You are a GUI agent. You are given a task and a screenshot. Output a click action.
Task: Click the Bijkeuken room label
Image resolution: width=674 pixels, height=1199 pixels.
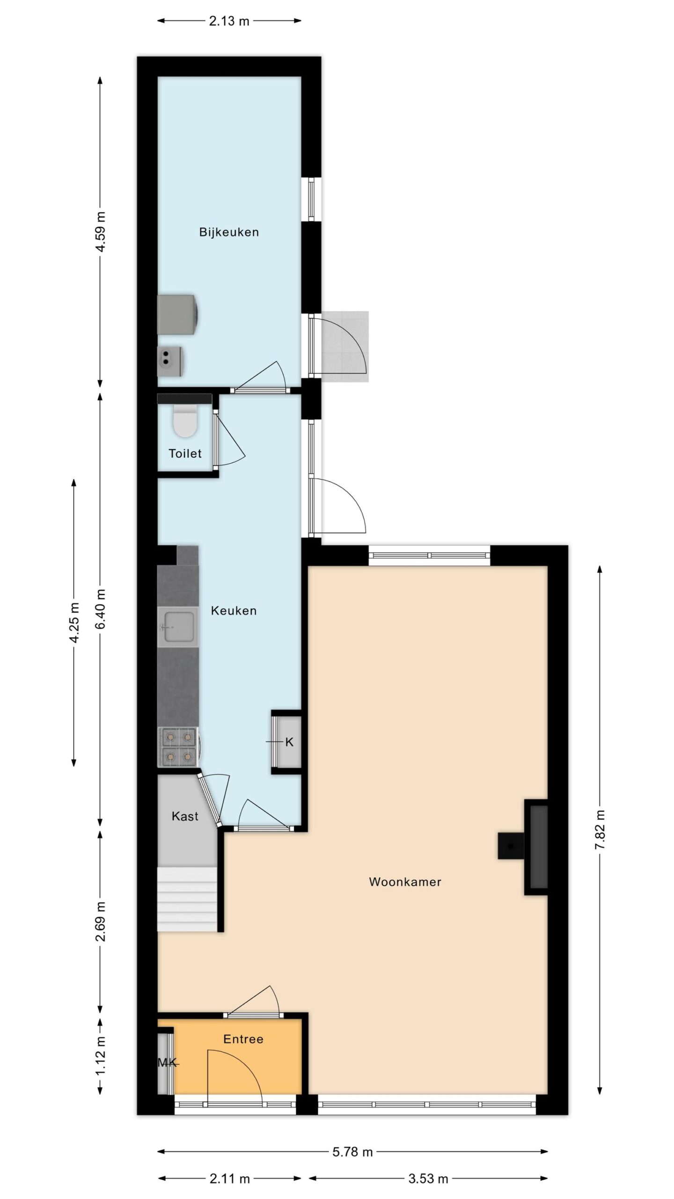pos(229,232)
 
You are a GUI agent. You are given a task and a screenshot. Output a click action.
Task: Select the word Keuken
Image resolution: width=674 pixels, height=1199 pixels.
pos(234,611)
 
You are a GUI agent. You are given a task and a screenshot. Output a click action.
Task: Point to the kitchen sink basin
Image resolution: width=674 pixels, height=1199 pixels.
pos(178,627)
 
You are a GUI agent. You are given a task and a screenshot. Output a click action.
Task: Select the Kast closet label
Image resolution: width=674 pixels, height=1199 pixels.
pos(185,816)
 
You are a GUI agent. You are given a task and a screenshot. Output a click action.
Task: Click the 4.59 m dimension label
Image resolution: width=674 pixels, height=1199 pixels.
pos(100,232)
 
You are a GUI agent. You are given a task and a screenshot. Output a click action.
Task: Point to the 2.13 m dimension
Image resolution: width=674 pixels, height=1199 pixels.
pos(229,21)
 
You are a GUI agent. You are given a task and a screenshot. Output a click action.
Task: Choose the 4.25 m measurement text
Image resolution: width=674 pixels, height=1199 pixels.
pos(74,622)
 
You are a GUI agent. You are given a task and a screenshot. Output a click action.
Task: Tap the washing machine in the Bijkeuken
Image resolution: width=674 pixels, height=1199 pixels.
pos(178,315)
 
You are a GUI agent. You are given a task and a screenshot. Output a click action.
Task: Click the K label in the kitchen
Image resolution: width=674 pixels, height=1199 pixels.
pos(289,742)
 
